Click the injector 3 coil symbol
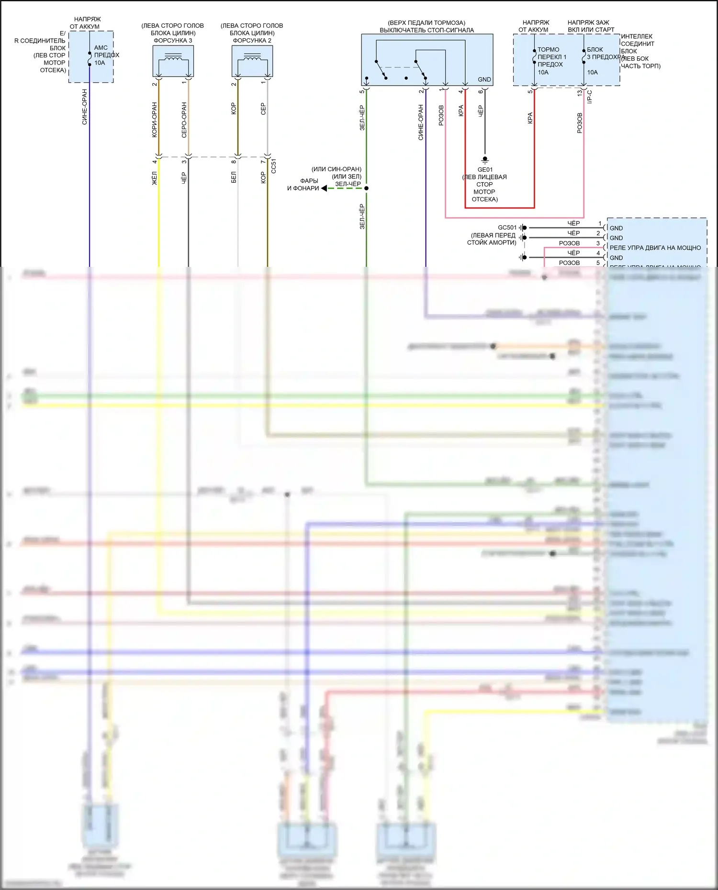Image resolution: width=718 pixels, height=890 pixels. pos(173,58)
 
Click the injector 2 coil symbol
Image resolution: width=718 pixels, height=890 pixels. pos(252,58)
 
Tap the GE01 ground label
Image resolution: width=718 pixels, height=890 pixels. pos(485,170)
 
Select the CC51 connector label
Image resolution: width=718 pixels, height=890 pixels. pos(274,166)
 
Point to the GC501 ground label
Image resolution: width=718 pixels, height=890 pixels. pos(507,228)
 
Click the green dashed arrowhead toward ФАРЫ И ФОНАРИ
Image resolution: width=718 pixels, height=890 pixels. pos(325,188)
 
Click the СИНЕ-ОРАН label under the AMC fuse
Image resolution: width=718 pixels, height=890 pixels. pos(85,107)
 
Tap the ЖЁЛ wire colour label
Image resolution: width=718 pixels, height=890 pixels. pos(154,178)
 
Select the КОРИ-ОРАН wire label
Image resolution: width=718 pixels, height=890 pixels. pos(154,120)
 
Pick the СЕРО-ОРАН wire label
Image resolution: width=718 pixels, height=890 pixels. pos(184,120)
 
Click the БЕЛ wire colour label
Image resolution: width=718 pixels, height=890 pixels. pos(234,177)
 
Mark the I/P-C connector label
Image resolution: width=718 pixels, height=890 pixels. pos(590,97)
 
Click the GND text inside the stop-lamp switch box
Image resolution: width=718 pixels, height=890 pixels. pos(484,79)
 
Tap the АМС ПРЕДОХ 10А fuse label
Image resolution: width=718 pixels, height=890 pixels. pos(106,55)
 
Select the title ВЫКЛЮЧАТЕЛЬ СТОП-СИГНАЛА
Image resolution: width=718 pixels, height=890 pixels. pos(426,30)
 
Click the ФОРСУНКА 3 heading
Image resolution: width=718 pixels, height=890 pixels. pos(173,41)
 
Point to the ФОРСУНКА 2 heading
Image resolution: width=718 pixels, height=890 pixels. pos(252,41)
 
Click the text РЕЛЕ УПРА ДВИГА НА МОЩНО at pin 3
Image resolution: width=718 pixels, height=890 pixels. pos(655,248)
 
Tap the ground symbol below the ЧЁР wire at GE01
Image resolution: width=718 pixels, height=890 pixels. pos(485,159)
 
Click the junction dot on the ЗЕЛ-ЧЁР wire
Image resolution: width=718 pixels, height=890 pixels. pos(366,188)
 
